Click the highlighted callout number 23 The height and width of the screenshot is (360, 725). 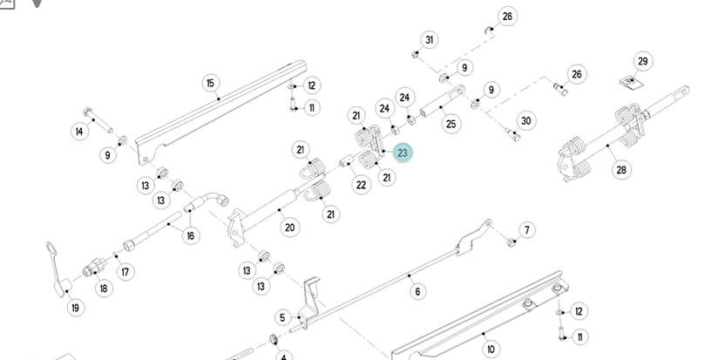pos(402,153)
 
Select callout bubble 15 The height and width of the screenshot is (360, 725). pos(210,83)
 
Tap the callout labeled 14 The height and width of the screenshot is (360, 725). pos(79,132)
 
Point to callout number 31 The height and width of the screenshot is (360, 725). pos(429,39)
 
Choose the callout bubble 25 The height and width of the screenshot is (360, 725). pos(451,124)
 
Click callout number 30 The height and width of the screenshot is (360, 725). pos(525,121)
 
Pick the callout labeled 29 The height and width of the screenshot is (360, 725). pos(642,61)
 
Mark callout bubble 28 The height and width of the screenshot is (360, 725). pos(621,169)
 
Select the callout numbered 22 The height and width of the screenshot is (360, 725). pos(361,185)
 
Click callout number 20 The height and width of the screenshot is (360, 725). pos(289,228)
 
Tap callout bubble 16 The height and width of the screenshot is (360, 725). pos(191,234)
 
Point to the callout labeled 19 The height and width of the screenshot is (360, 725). pos(76,307)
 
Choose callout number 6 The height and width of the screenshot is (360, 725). pos(417,291)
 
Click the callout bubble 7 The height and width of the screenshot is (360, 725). pos(526,230)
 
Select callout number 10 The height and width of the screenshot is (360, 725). pos(491,349)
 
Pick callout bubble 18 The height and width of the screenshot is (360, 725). pos(104,289)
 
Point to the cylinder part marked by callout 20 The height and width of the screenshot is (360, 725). pos(261,209)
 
